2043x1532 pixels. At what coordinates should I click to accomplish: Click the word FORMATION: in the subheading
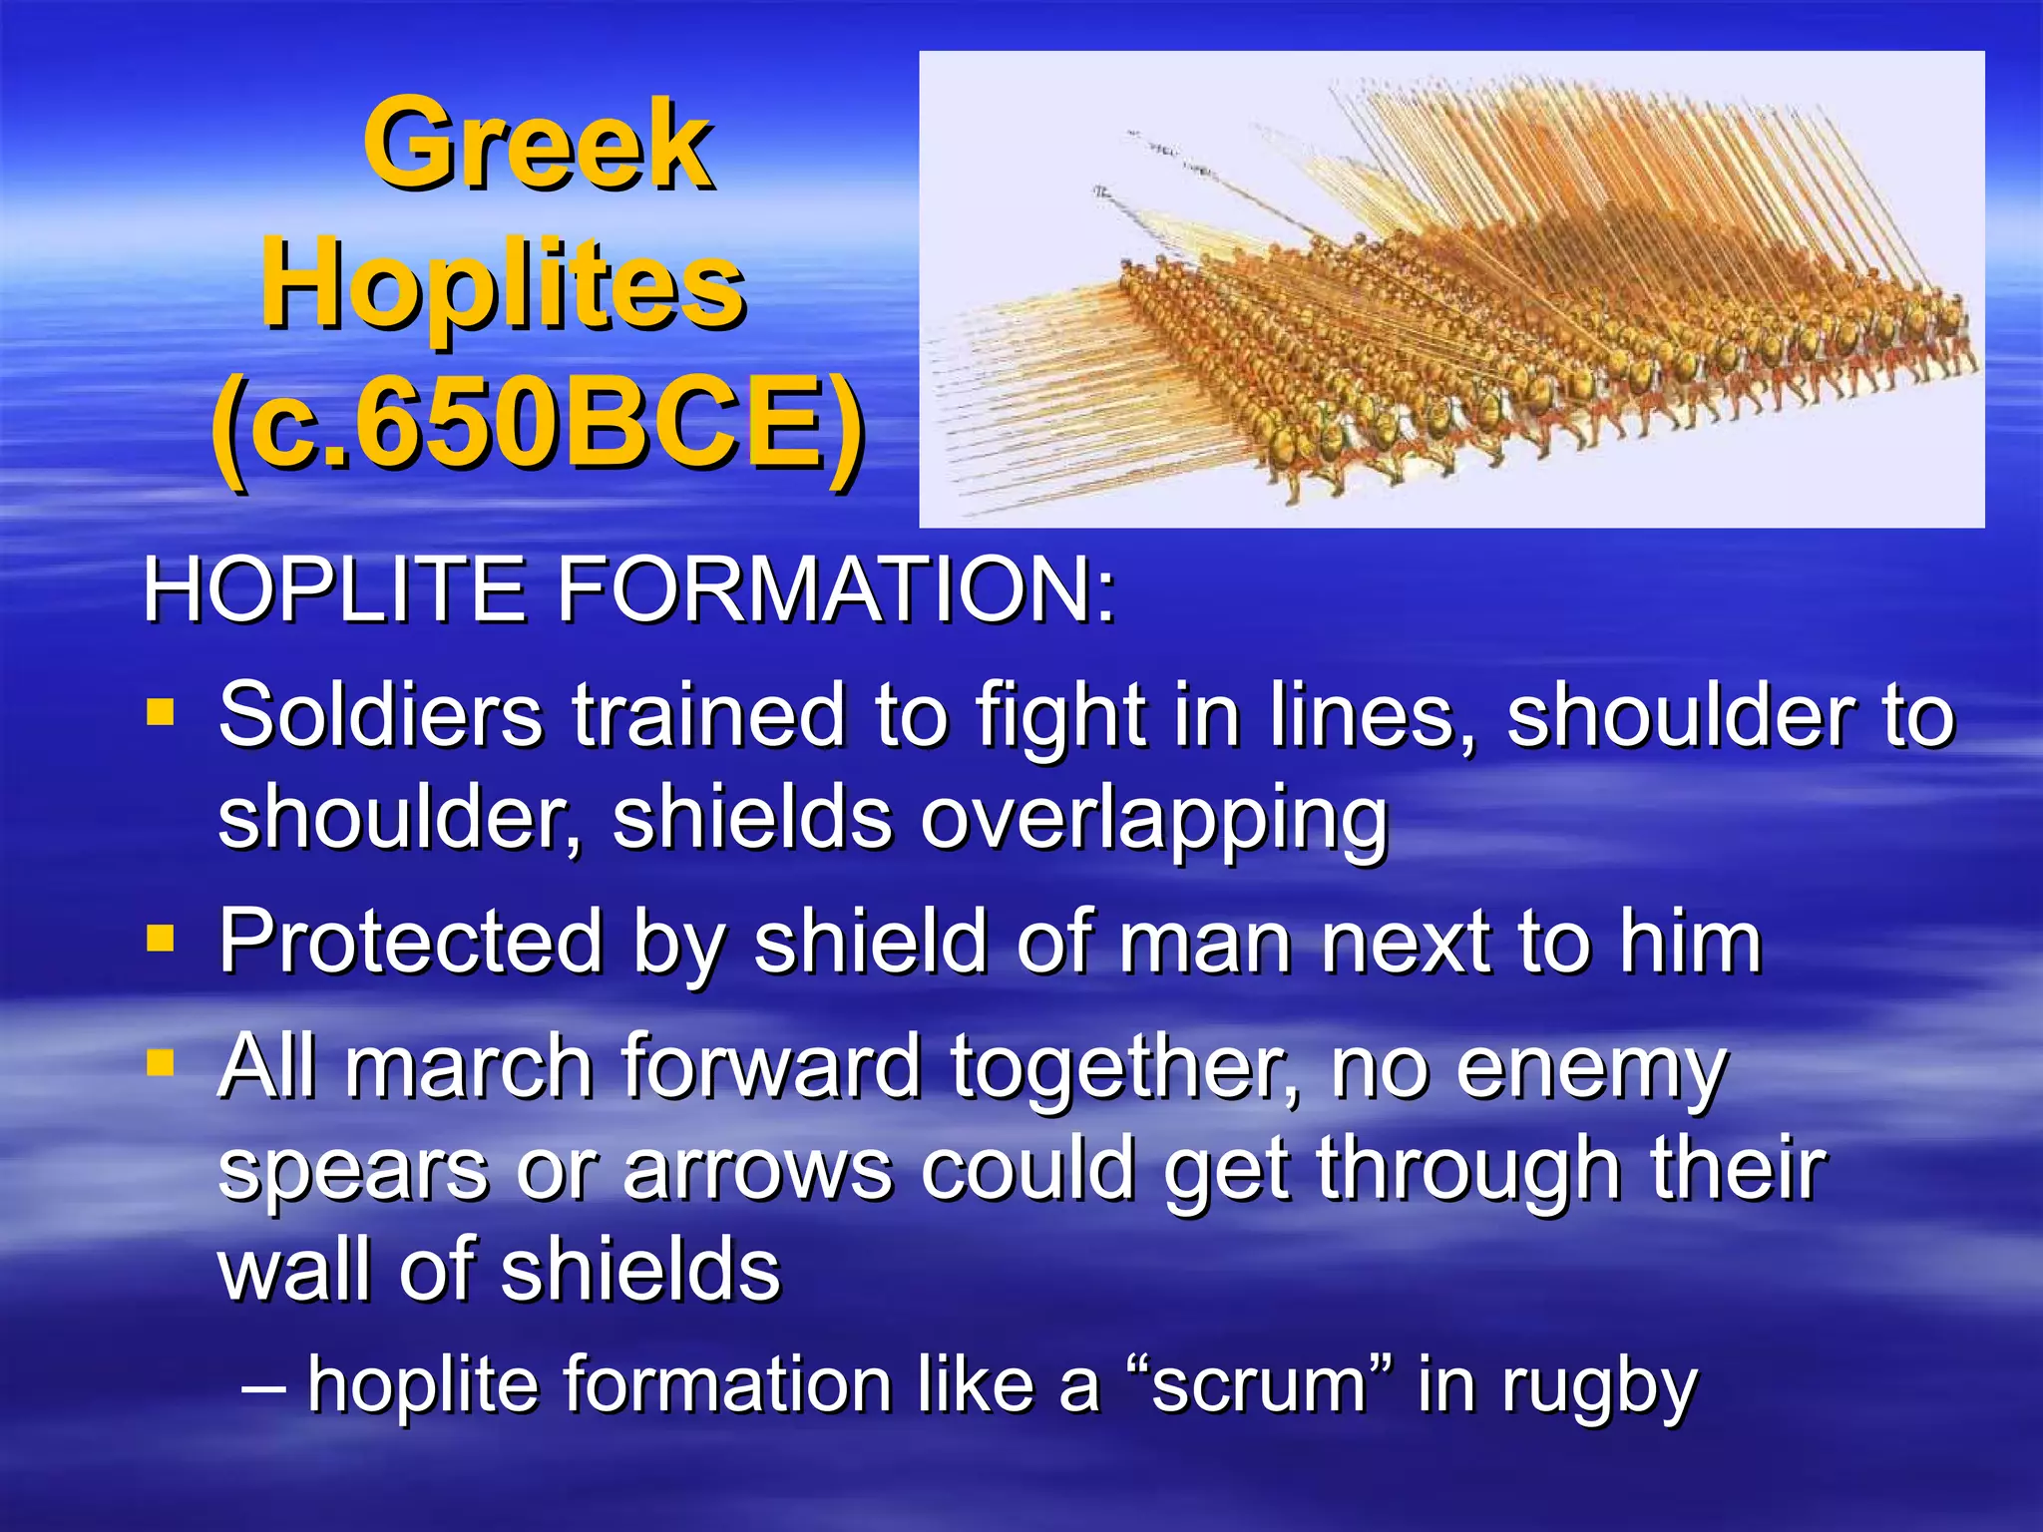pos(836,590)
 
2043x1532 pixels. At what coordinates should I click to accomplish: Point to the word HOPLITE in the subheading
pos(334,590)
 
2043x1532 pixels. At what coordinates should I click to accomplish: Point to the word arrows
pos(758,1169)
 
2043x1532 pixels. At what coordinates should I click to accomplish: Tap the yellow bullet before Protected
pos(160,939)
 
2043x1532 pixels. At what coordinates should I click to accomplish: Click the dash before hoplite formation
pos(263,1385)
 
